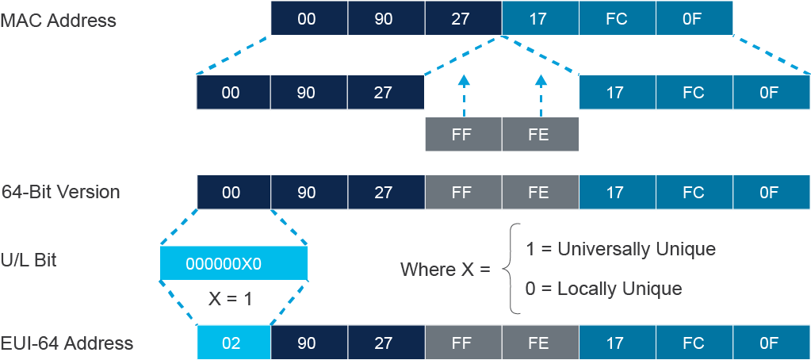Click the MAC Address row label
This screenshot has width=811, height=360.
pos(59,20)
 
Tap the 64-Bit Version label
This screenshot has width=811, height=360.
pos(60,192)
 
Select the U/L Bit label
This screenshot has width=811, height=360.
pos(29,260)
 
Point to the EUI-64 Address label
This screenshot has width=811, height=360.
pos(67,343)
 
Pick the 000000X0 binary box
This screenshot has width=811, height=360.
pos(234,264)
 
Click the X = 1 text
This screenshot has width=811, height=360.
pos(230,299)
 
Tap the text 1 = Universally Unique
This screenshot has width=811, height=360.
pos(621,249)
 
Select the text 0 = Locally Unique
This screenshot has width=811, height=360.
pos(603,288)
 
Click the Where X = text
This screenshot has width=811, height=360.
pos(446,269)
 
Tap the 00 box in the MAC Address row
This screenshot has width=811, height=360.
pos(309,18)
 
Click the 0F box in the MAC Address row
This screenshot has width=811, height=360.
pos(694,18)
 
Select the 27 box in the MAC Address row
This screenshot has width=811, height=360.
pos(464,18)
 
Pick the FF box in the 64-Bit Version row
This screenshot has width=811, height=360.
pos(464,192)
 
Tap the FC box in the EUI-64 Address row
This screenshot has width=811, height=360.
pos(694,343)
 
